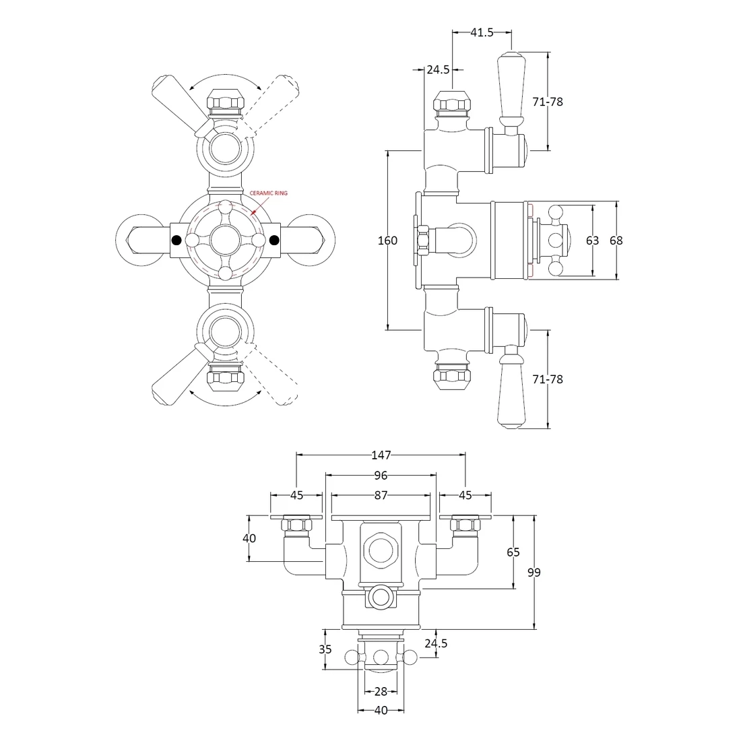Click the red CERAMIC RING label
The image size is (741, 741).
(268, 193)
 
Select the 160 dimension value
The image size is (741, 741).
(387, 240)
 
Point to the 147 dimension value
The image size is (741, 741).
(381, 455)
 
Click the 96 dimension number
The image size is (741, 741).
(381, 476)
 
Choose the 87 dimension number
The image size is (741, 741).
(381, 495)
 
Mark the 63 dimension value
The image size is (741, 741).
(592, 240)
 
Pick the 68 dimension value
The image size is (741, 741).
(616, 240)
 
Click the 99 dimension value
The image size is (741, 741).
(534, 573)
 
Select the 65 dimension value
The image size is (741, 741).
(513, 552)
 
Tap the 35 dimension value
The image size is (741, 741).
(325, 649)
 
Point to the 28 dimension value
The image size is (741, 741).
(381, 692)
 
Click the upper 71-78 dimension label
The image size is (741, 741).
(546, 102)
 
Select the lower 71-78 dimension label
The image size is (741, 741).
(546, 379)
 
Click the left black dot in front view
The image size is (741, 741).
(176, 240)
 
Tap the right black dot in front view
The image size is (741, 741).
(274, 240)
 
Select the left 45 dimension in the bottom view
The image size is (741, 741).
(296, 495)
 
